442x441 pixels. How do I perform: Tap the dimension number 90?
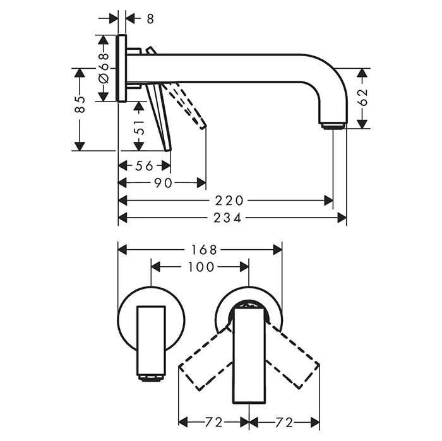pos(164,183)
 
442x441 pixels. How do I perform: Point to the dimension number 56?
pos(145,166)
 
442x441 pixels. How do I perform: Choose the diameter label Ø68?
pos(104,66)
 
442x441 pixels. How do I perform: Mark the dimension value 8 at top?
pos(150,19)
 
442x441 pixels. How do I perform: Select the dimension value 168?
pos(201,249)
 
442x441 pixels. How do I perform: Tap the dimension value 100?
pos(201,267)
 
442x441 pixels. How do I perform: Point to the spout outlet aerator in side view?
pos(333,126)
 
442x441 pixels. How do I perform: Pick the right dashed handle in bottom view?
pos(294,363)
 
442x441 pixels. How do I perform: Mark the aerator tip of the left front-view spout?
pos(151,379)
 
